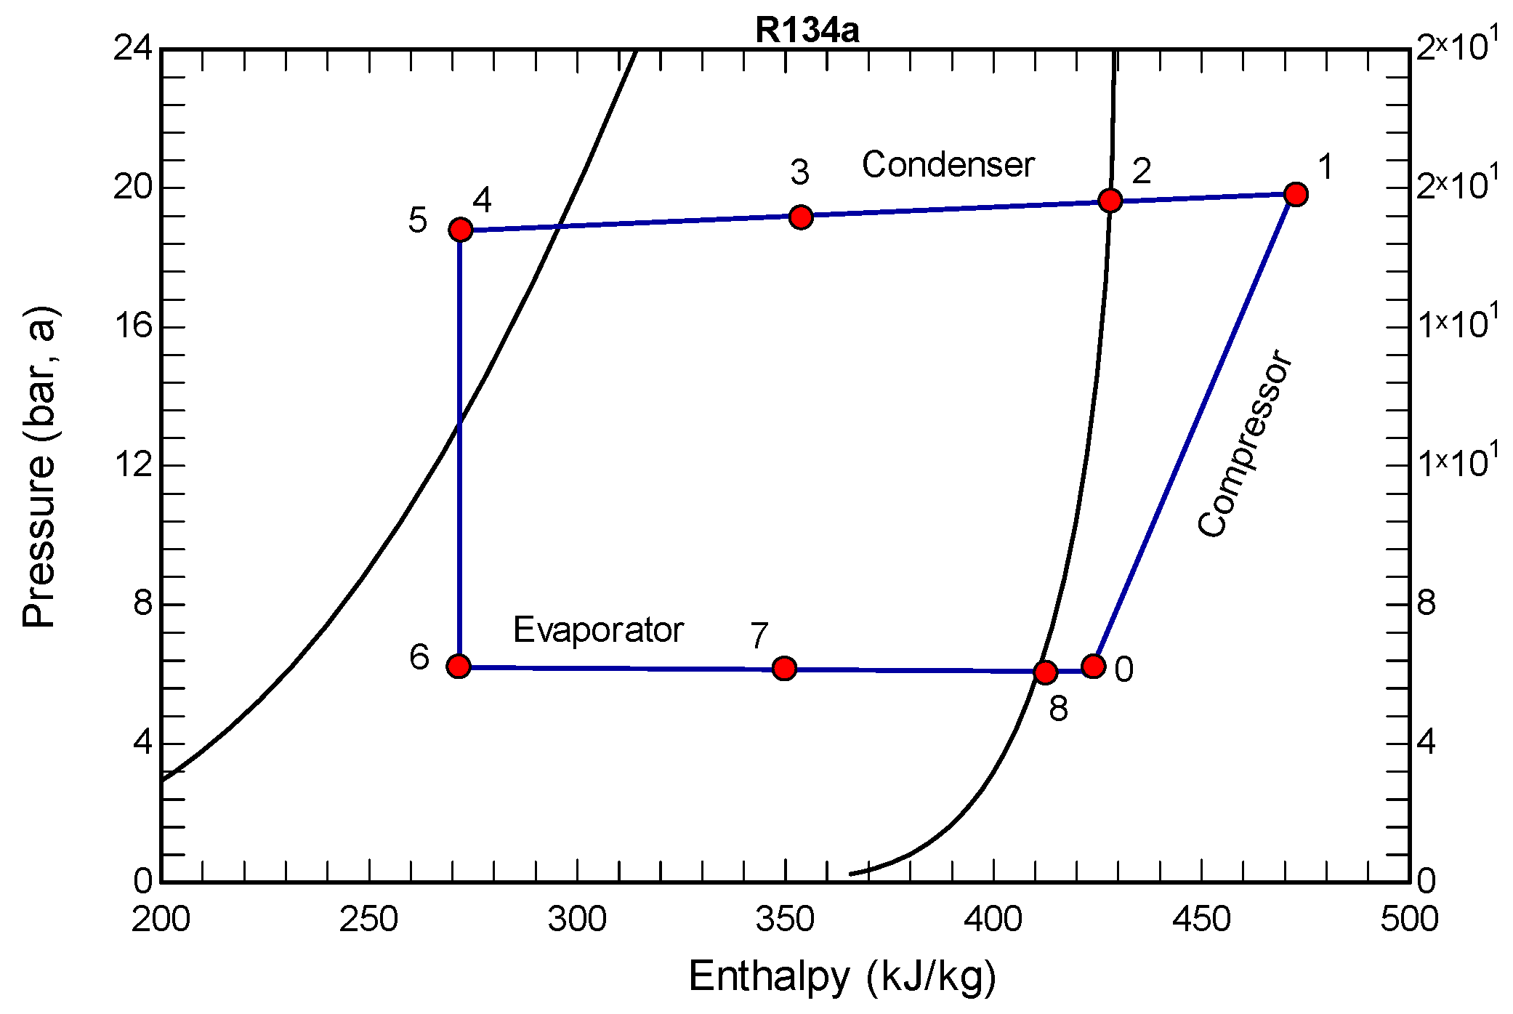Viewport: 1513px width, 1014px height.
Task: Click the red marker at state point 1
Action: point(1295,194)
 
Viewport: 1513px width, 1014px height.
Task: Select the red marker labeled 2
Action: point(1110,201)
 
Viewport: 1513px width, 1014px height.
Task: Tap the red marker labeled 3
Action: point(800,217)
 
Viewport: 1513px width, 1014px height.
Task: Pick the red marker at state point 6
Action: point(459,666)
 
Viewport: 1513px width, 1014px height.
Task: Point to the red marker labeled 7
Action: point(783,668)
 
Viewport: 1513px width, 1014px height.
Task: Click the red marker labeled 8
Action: point(1045,672)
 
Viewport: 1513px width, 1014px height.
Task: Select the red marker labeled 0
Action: point(1093,666)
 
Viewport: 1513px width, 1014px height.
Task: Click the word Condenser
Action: point(948,165)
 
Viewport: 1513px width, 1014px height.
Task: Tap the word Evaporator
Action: point(598,629)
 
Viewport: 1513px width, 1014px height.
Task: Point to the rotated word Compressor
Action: point(1244,444)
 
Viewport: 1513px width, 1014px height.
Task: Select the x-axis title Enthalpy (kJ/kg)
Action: point(842,976)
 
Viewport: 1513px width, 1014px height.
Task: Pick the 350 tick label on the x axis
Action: point(785,920)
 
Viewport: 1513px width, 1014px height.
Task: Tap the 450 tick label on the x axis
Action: point(1201,920)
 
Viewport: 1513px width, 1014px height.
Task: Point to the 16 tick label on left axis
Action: point(134,326)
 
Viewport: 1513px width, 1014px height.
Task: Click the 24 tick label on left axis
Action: point(134,49)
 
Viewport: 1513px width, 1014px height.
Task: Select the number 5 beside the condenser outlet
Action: point(417,220)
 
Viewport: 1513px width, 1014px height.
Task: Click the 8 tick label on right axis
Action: point(1427,603)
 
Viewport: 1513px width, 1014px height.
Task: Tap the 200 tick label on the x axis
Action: point(161,920)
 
